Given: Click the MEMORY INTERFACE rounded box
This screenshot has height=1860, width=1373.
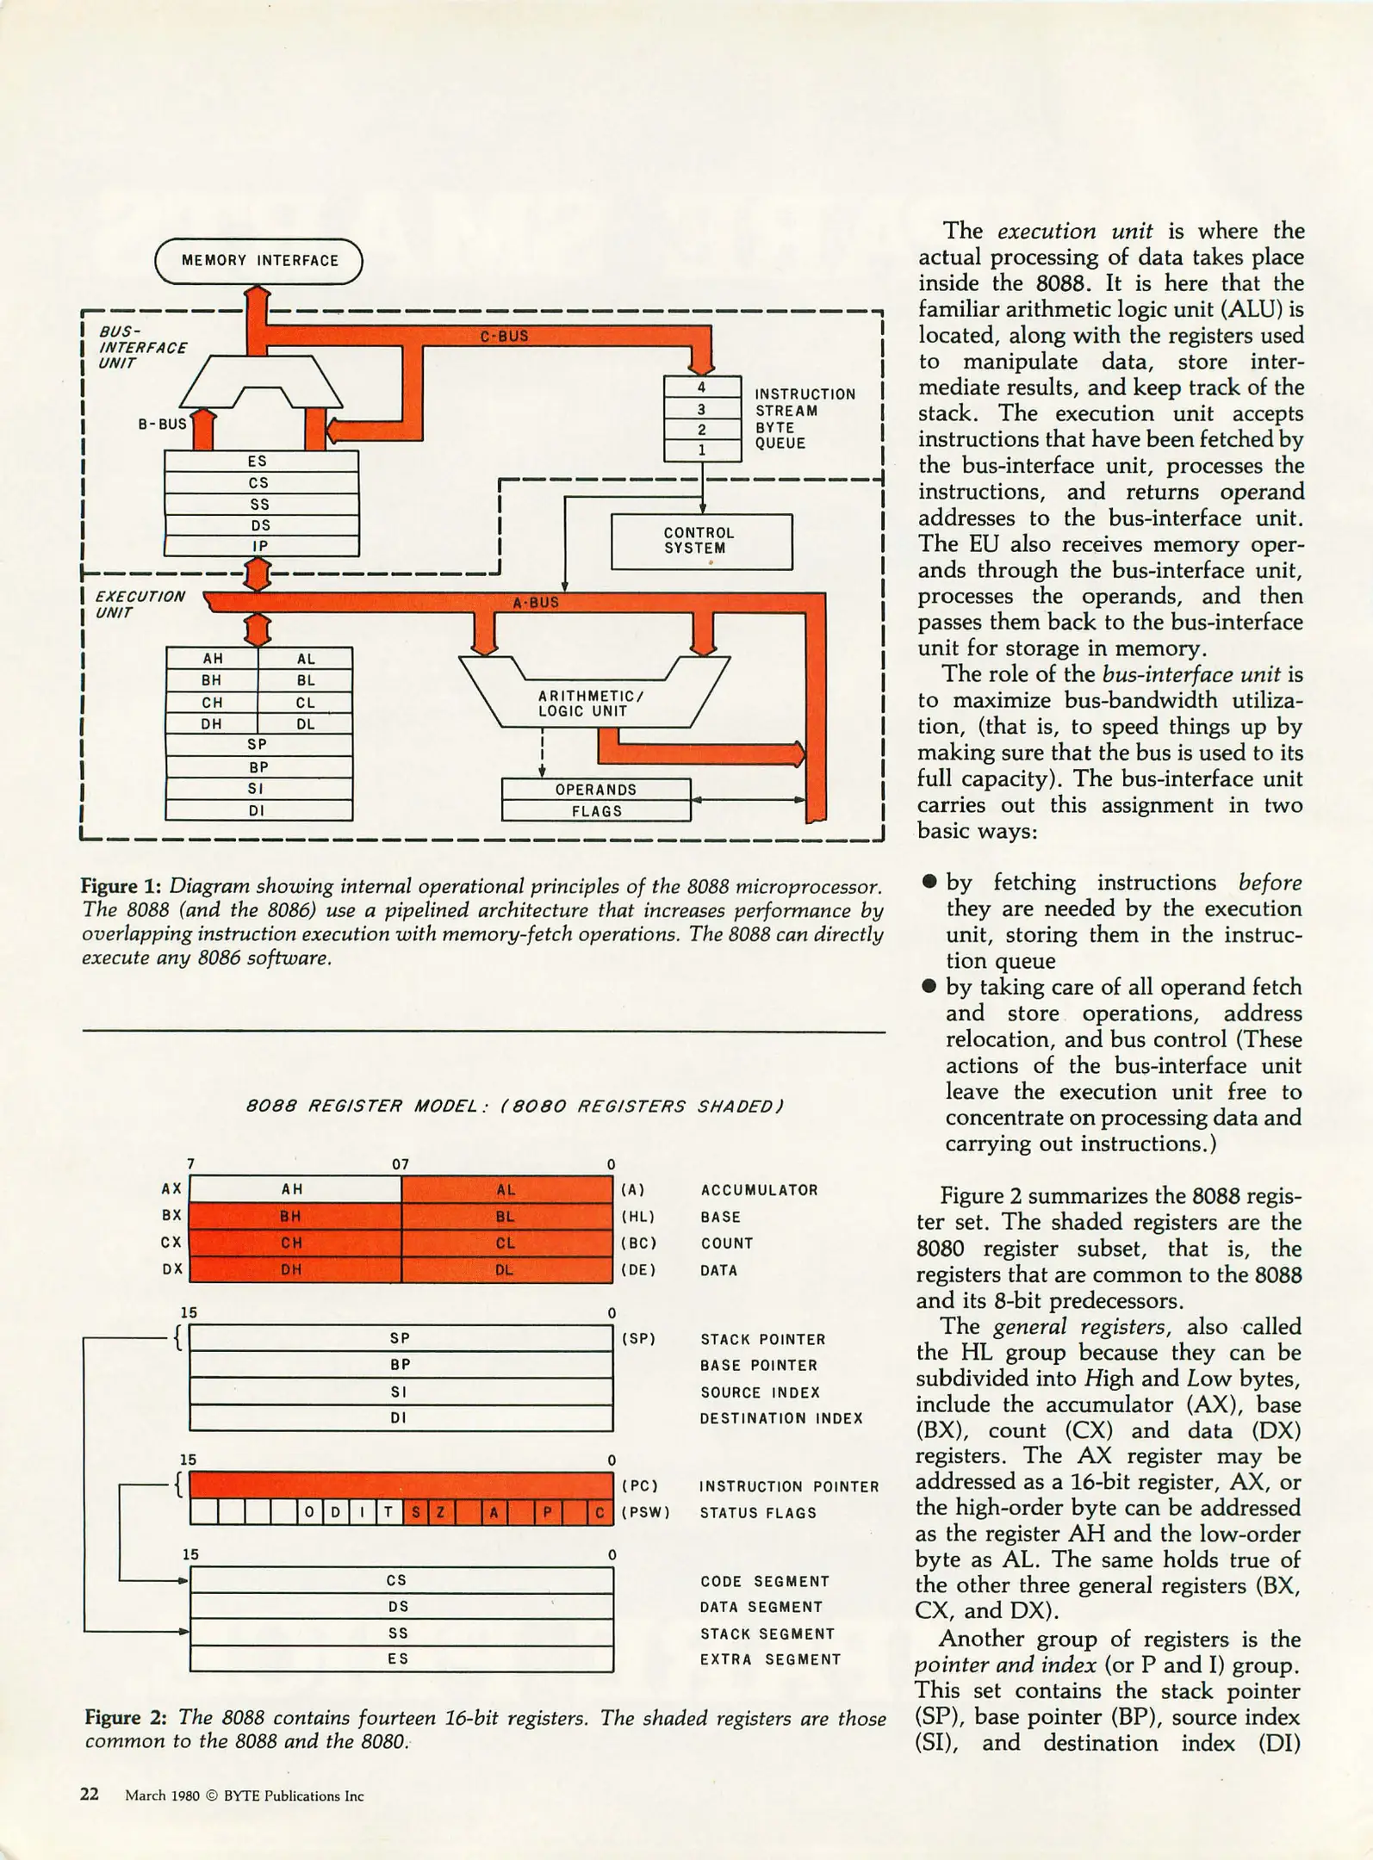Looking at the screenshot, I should (258, 260).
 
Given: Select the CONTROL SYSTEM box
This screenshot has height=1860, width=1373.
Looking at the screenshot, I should (700, 541).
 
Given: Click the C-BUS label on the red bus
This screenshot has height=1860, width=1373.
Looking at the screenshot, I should (504, 336).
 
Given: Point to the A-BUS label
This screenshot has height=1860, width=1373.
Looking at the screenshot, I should (536, 603).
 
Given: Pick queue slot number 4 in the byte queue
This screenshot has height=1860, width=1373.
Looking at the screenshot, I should (702, 387).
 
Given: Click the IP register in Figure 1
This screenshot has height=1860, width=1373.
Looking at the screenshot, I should (260, 546).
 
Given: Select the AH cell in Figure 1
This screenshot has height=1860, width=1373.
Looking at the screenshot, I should (212, 659).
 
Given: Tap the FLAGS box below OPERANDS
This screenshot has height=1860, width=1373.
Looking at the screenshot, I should (596, 811).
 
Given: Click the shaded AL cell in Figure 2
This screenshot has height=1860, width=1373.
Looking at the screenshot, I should (506, 1189).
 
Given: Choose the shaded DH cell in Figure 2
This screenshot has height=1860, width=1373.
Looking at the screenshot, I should (293, 1269).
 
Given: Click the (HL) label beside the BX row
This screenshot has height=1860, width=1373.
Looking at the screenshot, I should (637, 1217).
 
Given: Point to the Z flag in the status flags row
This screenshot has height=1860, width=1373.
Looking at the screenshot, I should (440, 1513).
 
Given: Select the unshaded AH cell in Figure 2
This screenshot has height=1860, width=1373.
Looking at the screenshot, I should (293, 1189).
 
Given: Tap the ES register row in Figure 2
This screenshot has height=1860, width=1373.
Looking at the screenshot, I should (400, 1658).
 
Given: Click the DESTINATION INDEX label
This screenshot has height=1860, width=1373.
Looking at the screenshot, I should (781, 1418).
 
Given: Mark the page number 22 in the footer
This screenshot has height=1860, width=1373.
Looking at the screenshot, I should (90, 1795).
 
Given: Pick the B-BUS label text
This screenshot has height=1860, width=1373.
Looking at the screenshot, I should (162, 424).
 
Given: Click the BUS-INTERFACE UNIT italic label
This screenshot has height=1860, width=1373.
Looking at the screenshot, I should (142, 347).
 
